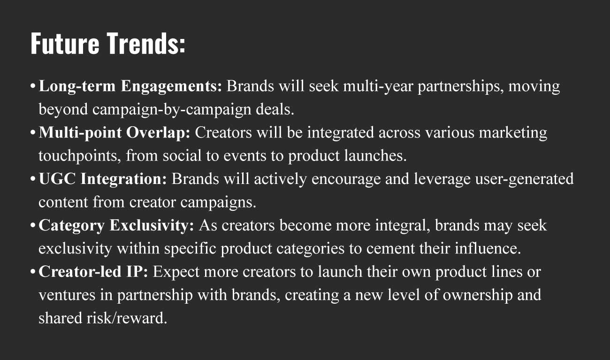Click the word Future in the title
pos(65,44)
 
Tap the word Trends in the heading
pos(143,44)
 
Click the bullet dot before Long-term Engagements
pos(33,86)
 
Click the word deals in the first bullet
pos(275,109)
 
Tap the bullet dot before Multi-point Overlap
pos(33,133)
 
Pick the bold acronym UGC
pos(57,179)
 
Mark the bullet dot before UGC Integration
pos(33,179)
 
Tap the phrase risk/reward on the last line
pos(127,318)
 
